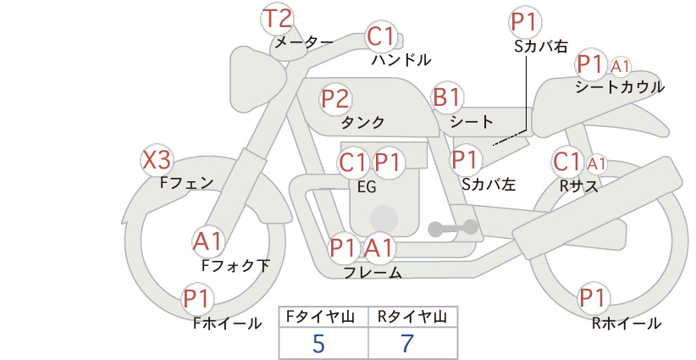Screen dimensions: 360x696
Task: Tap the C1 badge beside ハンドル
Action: click(381, 37)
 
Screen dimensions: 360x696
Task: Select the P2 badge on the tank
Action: click(335, 98)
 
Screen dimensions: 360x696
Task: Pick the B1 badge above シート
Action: click(446, 98)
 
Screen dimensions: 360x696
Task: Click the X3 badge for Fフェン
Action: click(157, 159)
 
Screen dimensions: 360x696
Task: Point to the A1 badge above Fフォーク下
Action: click(208, 242)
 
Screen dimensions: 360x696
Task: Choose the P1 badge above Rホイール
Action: click(593, 298)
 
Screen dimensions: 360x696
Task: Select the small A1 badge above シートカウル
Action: click(621, 65)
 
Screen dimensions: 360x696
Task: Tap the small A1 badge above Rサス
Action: click(596, 163)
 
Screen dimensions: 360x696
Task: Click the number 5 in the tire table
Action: click(318, 344)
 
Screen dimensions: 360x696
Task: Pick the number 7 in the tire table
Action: click(408, 344)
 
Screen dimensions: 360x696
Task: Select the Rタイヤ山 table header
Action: click(410, 317)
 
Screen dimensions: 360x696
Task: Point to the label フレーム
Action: click(373, 272)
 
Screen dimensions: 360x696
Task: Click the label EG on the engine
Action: click(367, 187)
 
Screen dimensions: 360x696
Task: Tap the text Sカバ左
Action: click(489, 183)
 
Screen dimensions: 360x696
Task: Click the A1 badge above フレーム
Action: click(379, 248)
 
